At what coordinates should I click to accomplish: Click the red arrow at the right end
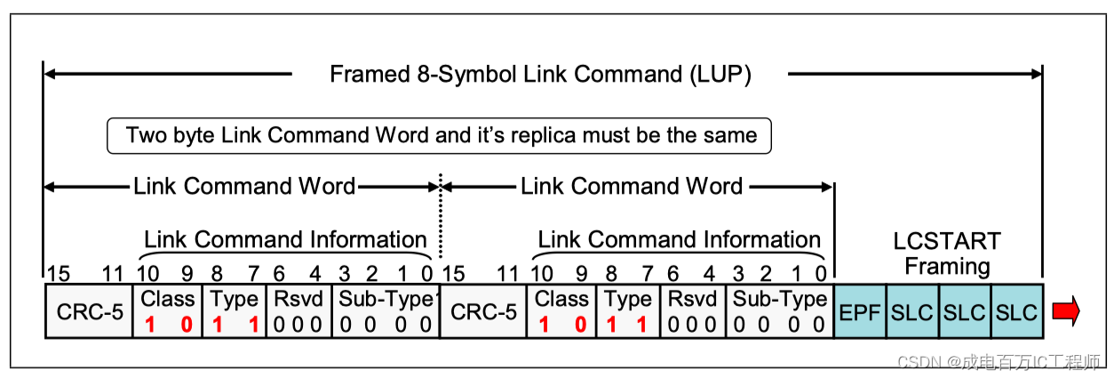pos(1065,311)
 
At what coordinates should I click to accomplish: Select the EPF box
pos(859,311)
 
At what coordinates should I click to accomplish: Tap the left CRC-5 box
pos(90,311)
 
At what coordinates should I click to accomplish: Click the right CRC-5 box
pos(483,311)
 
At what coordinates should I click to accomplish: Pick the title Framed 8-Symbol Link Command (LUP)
pos(540,74)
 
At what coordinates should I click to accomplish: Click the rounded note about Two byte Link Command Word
pos(441,135)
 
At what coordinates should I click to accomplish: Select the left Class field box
pos(169,311)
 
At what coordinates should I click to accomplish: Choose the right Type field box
pos(629,311)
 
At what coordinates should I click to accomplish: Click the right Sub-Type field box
pos(780,311)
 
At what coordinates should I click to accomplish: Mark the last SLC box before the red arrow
pos(1016,311)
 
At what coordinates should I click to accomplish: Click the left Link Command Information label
pos(285,239)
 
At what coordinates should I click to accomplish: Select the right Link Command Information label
pos(680,239)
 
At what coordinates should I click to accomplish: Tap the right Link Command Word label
pos(631,186)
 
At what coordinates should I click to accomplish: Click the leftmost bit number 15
pos(59,273)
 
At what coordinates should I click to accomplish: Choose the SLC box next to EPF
pos(911,311)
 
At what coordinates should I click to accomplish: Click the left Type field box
pos(235,311)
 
